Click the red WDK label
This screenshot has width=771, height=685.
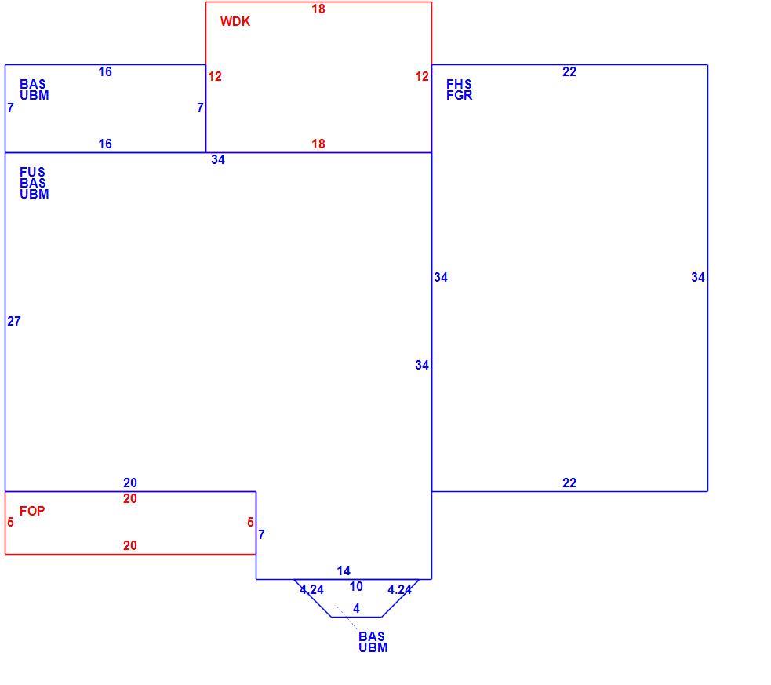coord(235,21)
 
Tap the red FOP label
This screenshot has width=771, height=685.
coord(32,511)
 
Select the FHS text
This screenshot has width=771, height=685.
coord(459,84)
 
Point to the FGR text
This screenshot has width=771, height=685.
coord(460,96)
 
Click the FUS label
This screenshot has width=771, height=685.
coord(32,172)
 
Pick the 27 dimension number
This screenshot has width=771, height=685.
coord(14,321)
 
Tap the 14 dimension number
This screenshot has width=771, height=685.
coord(344,570)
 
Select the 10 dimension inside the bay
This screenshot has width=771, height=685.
coord(356,586)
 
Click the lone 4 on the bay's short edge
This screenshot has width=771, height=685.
coord(357,608)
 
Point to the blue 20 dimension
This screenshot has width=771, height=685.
coord(130,483)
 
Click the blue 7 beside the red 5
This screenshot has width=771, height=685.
coord(262,534)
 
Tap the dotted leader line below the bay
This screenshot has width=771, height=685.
coord(347,617)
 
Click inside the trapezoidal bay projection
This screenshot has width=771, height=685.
coord(357,598)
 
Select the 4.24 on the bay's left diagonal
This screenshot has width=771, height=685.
coord(311,589)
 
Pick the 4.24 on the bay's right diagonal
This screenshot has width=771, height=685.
coord(399,589)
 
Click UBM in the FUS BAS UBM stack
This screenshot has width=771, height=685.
coord(35,195)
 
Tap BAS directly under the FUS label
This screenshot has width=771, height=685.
coord(32,183)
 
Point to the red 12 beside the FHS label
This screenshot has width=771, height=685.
coord(422,76)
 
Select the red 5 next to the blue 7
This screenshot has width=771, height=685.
coord(251,522)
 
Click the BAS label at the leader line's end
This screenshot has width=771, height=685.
coord(371,636)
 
